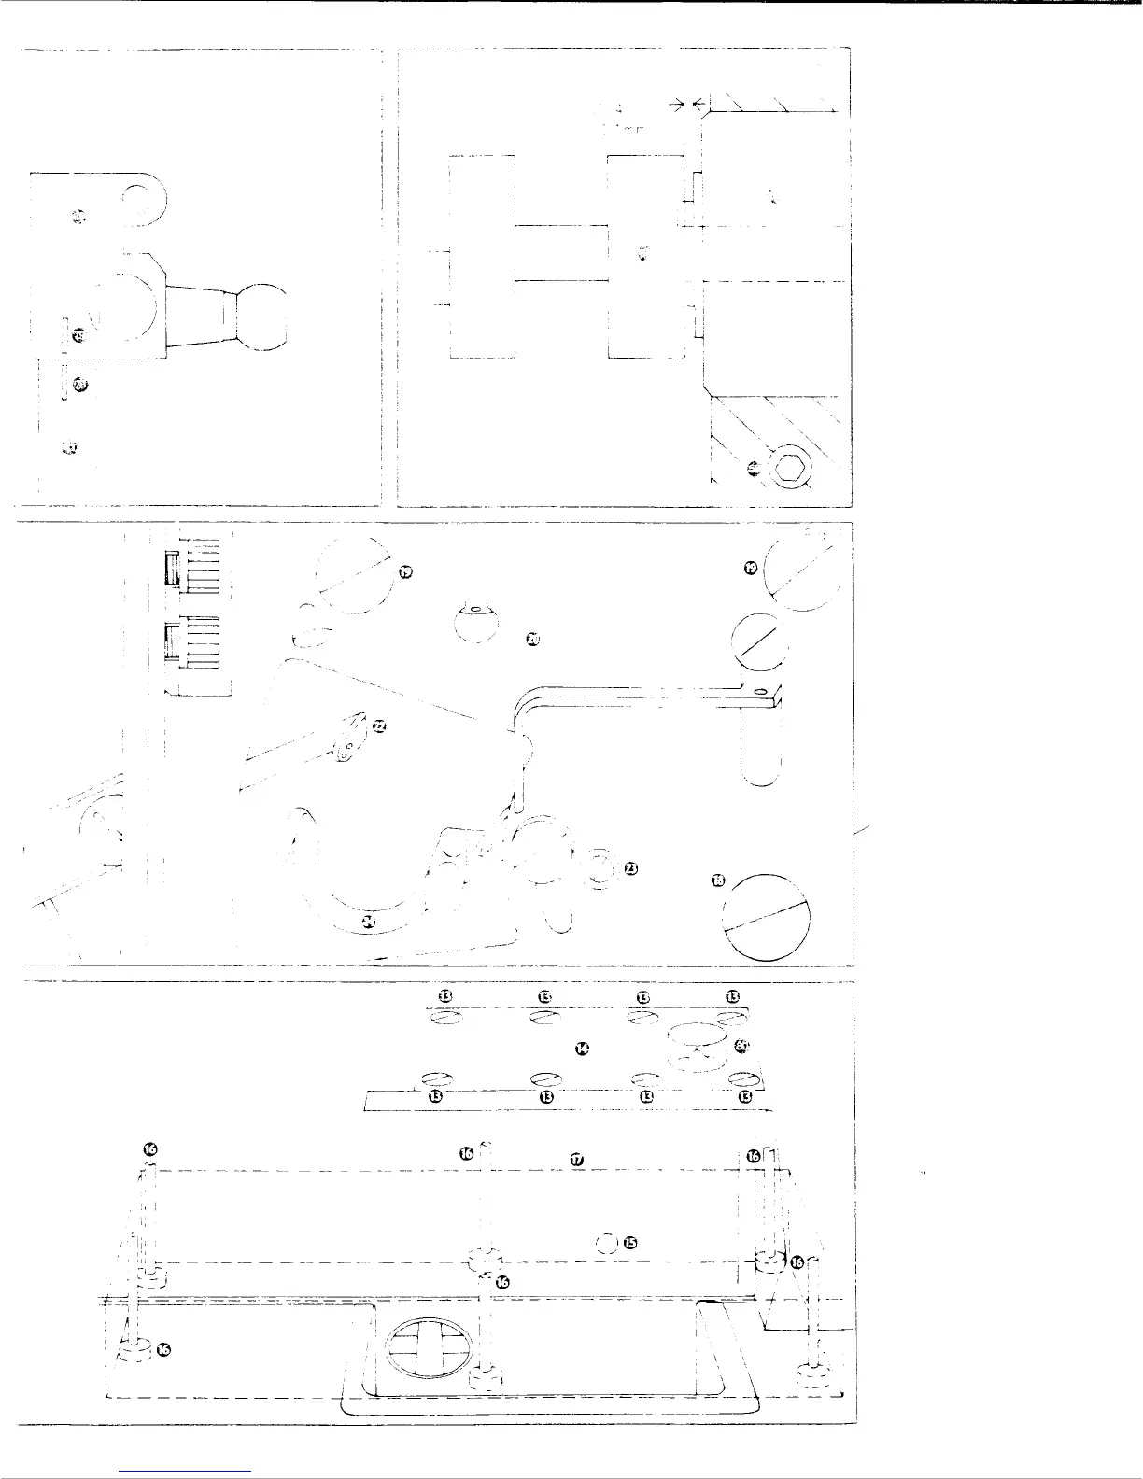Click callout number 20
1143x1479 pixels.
pos(532,639)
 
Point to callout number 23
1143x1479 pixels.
pos(631,869)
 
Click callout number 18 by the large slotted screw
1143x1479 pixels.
pos(718,882)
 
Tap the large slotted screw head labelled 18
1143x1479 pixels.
pos(767,917)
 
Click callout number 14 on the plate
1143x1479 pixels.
pos(583,1049)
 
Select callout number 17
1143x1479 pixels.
pos(576,1159)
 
